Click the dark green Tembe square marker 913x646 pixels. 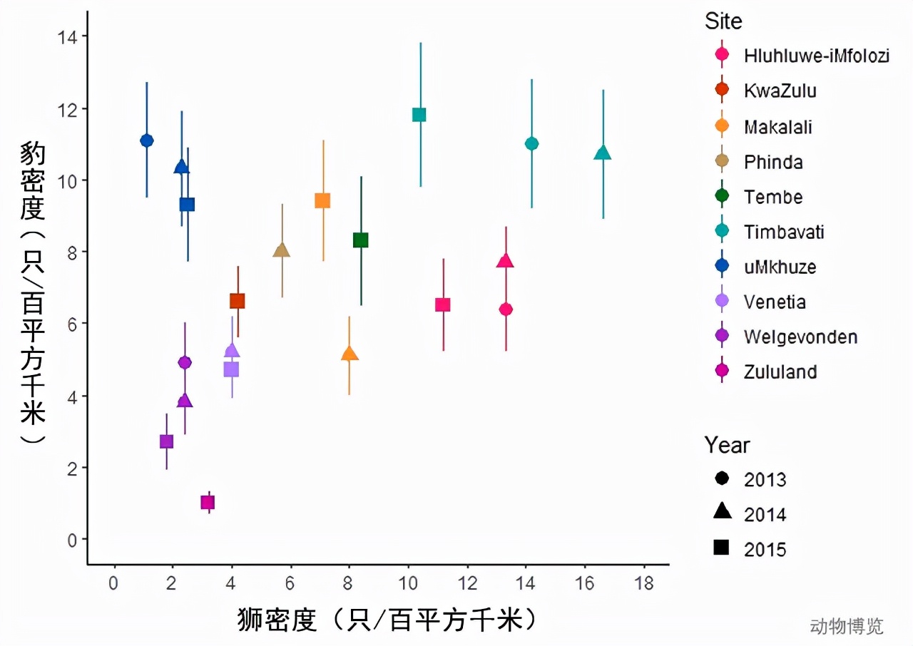click(361, 240)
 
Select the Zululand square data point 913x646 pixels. click(208, 503)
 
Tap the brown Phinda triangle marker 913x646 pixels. click(282, 250)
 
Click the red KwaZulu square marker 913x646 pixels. click(238, 301)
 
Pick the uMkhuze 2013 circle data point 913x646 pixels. click(147, 140)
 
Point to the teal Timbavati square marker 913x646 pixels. click(419, 115)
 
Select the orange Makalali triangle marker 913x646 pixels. click(350, 354)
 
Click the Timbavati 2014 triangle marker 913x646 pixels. click(603, 153)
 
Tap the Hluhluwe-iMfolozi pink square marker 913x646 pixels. click(443, 305)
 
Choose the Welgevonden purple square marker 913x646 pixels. click(166, 441)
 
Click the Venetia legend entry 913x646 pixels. click(775, 302)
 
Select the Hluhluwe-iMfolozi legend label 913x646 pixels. click(816, 56)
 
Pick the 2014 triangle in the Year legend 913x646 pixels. click(722, 511)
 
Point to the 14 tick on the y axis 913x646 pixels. click(71, 36)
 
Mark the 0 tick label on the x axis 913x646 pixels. click(113, 582)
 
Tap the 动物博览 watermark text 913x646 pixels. click(847, 626)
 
